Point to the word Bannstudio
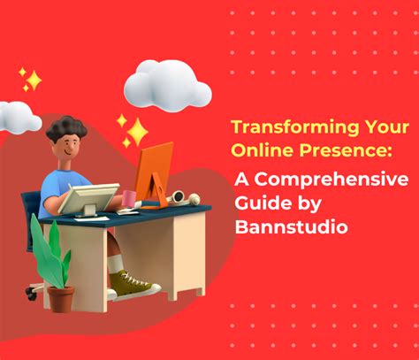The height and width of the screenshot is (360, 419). (x=291, y=227)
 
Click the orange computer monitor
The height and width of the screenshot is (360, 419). (x=154, y=175)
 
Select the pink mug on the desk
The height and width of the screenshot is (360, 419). (x=129, y=198)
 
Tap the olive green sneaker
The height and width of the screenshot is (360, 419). (x=133, y=284)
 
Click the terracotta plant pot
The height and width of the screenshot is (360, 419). (x=61, y=299)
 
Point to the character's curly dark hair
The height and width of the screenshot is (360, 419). (x=66, y=128)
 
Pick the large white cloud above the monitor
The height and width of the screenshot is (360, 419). (x=167, y=85)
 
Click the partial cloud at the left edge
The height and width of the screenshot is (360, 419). (x=19, y=117)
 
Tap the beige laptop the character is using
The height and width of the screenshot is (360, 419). (x=88, y=198)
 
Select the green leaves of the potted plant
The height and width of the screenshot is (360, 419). (x=50, y=250)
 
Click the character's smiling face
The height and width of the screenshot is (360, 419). (x=69, y=147)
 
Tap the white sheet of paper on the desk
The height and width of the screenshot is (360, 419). (x=91, y=218)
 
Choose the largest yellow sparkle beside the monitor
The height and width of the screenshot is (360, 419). (x=138, y=132)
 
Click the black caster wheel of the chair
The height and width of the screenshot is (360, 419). (x=30, y=293)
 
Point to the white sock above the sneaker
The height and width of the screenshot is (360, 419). (x=115, y=264)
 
